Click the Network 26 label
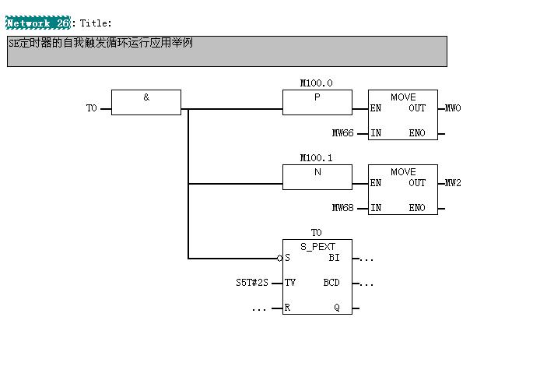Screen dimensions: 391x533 38,23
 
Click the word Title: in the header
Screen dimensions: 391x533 96,23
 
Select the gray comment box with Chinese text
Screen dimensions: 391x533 226,51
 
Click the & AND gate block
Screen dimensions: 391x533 146,102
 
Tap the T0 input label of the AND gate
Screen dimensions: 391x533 91,108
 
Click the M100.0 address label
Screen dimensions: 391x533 317,83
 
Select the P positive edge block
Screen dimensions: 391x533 317,102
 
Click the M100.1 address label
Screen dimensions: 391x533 317,157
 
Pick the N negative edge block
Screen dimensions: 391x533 317,177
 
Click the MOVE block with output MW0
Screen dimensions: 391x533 402,114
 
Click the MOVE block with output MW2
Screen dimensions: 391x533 402,189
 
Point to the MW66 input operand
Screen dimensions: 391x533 343,133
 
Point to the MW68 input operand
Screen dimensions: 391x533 343,208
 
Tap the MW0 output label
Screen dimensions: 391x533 453,108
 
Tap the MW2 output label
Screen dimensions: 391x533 453,183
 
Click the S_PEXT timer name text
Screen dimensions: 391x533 317,246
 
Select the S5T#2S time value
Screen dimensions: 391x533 252,283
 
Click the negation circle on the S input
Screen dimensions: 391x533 279,258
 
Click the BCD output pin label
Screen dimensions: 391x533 331,283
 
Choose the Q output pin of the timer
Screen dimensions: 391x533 337,308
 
